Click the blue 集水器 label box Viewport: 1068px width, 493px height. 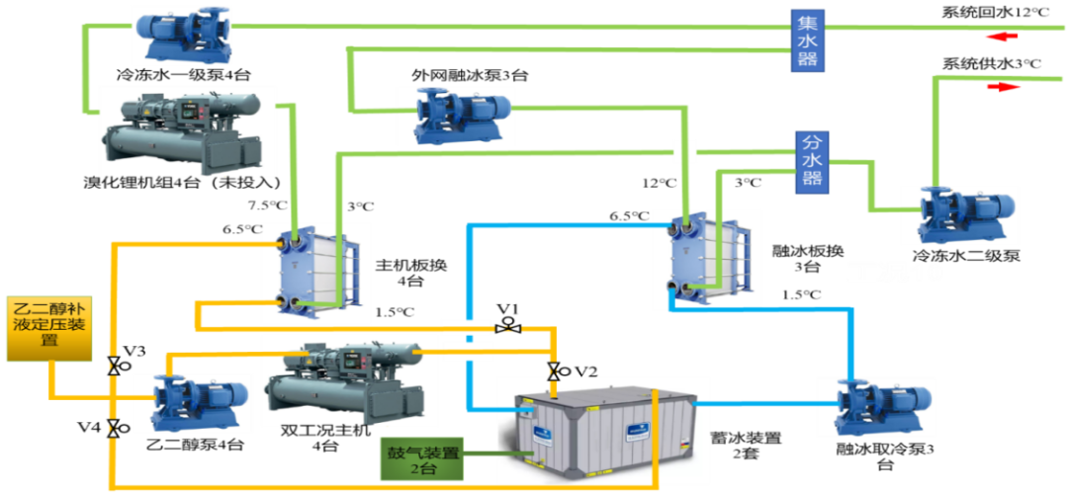click(807, 41)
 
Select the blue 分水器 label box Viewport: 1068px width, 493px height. click(812, 160)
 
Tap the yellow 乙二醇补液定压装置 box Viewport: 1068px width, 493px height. click(48, 327)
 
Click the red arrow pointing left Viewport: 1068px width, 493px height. click(1000, 38)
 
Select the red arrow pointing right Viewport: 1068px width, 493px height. click(1002, 87)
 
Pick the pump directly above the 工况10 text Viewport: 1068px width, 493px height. click(960, 214)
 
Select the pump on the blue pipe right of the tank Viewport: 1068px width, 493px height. click(875, 405)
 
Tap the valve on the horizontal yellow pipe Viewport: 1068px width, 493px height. click(509, 328)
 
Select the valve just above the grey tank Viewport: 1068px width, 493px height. click(552, 372)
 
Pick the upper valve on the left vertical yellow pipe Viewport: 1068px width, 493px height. click(113, 366)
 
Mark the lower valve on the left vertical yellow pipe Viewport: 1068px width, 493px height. click(113, 427)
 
